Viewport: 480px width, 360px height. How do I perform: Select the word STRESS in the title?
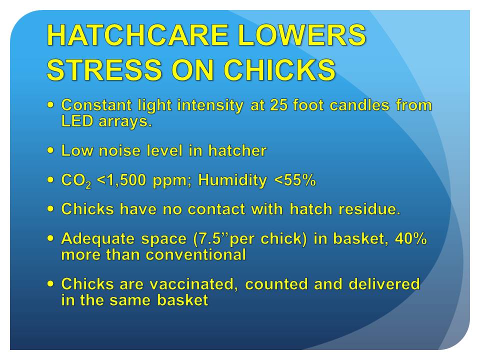click(x=104, y=70)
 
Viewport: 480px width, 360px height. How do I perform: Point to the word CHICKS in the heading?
click(x=279, y=70)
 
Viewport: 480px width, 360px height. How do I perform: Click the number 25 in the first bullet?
click(x=279, y=105)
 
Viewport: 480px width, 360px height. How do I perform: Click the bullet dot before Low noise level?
click(x=50, y=150)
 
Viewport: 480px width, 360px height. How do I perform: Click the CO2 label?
click(x=76, y=180)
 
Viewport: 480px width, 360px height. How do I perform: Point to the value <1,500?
click(x=121, y=180)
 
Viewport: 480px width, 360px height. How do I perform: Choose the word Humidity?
click(x=232, y=180)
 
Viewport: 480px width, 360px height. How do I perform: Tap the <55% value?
click(x=295, y=180)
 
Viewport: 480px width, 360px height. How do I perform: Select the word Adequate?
click(x=97, y=239)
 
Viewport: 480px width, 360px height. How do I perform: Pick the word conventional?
click(x=196, y=254)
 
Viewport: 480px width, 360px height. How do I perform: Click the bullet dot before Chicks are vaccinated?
click(x=50, y=284)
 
